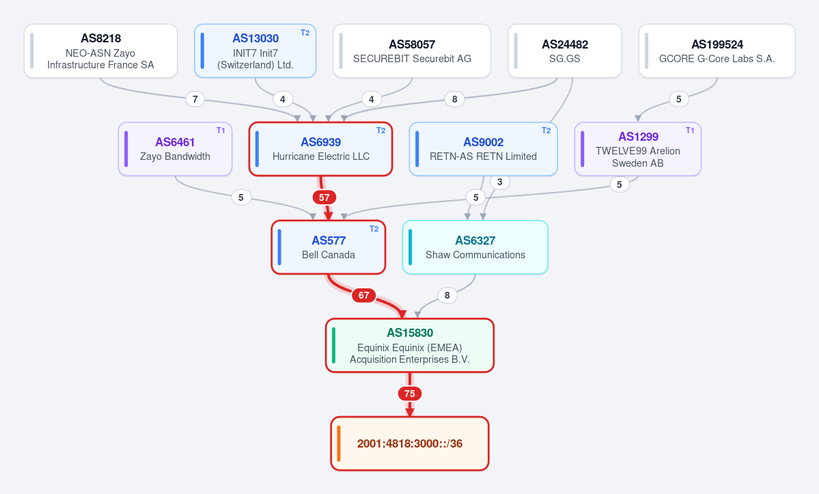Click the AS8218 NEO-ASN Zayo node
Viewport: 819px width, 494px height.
pyautogui.click(x=101, y=51)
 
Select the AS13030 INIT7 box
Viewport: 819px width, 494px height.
pyautogui.click(x=255, y=51)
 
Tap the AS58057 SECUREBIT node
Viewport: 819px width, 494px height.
pyautogui.click(x=412, y=51)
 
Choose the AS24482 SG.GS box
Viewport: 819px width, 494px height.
pyautogui.click(x=565, y=51)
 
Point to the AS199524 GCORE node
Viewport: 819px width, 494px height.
pyautogui.click(x=717, y=51)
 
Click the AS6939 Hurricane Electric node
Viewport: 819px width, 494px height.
pyautogui.click(x=321, y=149)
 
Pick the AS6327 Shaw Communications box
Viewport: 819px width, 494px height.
pyautogui.click(x=475, y=247)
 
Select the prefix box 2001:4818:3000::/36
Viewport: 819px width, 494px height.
pyautogui.click(x=410, y=443)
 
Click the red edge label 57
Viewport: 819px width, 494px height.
pyautogui.click(x=324, y=197)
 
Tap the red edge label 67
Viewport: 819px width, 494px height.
pyautogui.click(x=364, y=295)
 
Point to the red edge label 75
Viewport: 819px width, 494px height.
pyautogui.click(x=410, y=394)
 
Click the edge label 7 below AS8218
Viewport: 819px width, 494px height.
pyautogui.click(x=195, y=99)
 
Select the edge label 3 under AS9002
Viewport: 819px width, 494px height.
pyautogui.click(x=500, y=182)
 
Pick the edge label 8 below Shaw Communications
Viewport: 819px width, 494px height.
pyautogui.click(x=447, y=296)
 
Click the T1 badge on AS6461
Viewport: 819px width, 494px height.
pyautogui.click(x=221, y=131)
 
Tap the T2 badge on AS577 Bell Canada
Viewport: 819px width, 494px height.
pyautogui.click(x=374, y=229)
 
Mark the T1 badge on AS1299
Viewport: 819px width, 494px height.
pyautogui.click(x=690, y=131)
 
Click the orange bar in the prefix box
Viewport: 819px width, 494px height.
pyautogui.click(x=339, y=443)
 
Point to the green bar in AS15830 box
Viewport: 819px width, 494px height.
pyautogui.click(x=334, y=345)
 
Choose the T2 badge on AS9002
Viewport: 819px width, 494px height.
pyautogui.click(x=546, y=131)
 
